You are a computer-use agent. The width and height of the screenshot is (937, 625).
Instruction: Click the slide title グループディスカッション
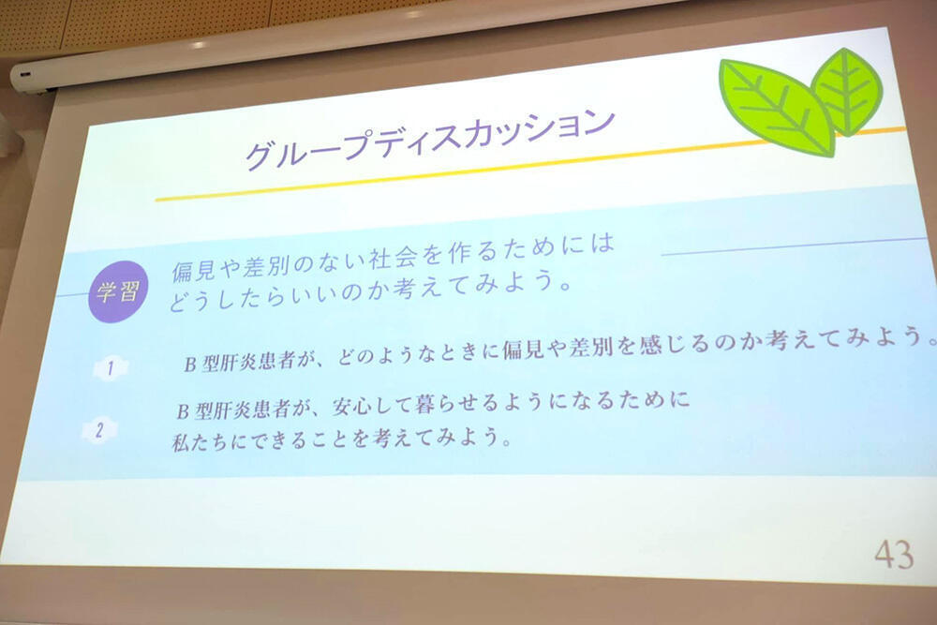pyautogui.click(x=430, y=137)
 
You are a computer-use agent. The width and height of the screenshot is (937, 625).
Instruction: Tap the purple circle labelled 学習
pyautogui.click(x=118, y=291)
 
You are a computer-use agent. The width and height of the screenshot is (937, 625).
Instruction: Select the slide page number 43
pyautogui.click(x=894, y=555)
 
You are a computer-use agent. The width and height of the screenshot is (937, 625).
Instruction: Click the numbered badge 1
pyautogui.click(x=110, y=368)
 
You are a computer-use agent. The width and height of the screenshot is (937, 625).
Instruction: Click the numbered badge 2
pyautogui.click(x=99, y=429)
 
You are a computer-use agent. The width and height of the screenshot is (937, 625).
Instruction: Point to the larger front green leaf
pyautogui.click(x=777, y=108)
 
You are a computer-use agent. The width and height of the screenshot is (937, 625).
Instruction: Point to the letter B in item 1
pyautogui.click(x=190, y=364)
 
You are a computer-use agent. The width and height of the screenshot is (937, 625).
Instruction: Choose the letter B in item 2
pyautogui.click(x=183, y=411)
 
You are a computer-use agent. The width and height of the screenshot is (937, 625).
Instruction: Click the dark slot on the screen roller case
pyautogui.click(x=24, y=75)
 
